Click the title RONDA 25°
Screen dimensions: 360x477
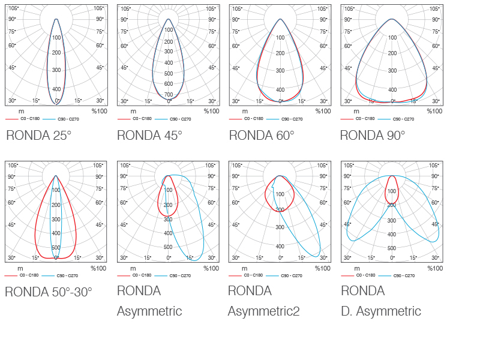pos(39,136)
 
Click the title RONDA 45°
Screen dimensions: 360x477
pos(149,136)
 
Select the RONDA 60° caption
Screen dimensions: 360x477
pos(262,136)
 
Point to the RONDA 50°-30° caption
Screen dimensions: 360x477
pos(49,292)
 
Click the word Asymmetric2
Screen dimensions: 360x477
pos(263,311)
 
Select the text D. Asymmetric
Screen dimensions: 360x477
pos(381,311)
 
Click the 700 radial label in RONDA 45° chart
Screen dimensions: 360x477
pos(169,94)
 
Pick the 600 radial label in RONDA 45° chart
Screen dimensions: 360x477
pos(169,84)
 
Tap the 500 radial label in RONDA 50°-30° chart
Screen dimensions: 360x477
pos(56,247)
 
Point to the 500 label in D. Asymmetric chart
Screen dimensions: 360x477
pos(391,248)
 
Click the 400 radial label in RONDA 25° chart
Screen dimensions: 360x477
pos(56,89)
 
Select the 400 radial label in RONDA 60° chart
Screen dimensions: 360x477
pos(280,89)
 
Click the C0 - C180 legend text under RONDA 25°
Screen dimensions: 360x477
pos(31,119)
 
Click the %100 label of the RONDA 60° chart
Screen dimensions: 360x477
pos(323,111)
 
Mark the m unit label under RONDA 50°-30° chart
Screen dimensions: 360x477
pos(20,268)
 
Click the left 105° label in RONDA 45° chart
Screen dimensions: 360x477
pos(125,8)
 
